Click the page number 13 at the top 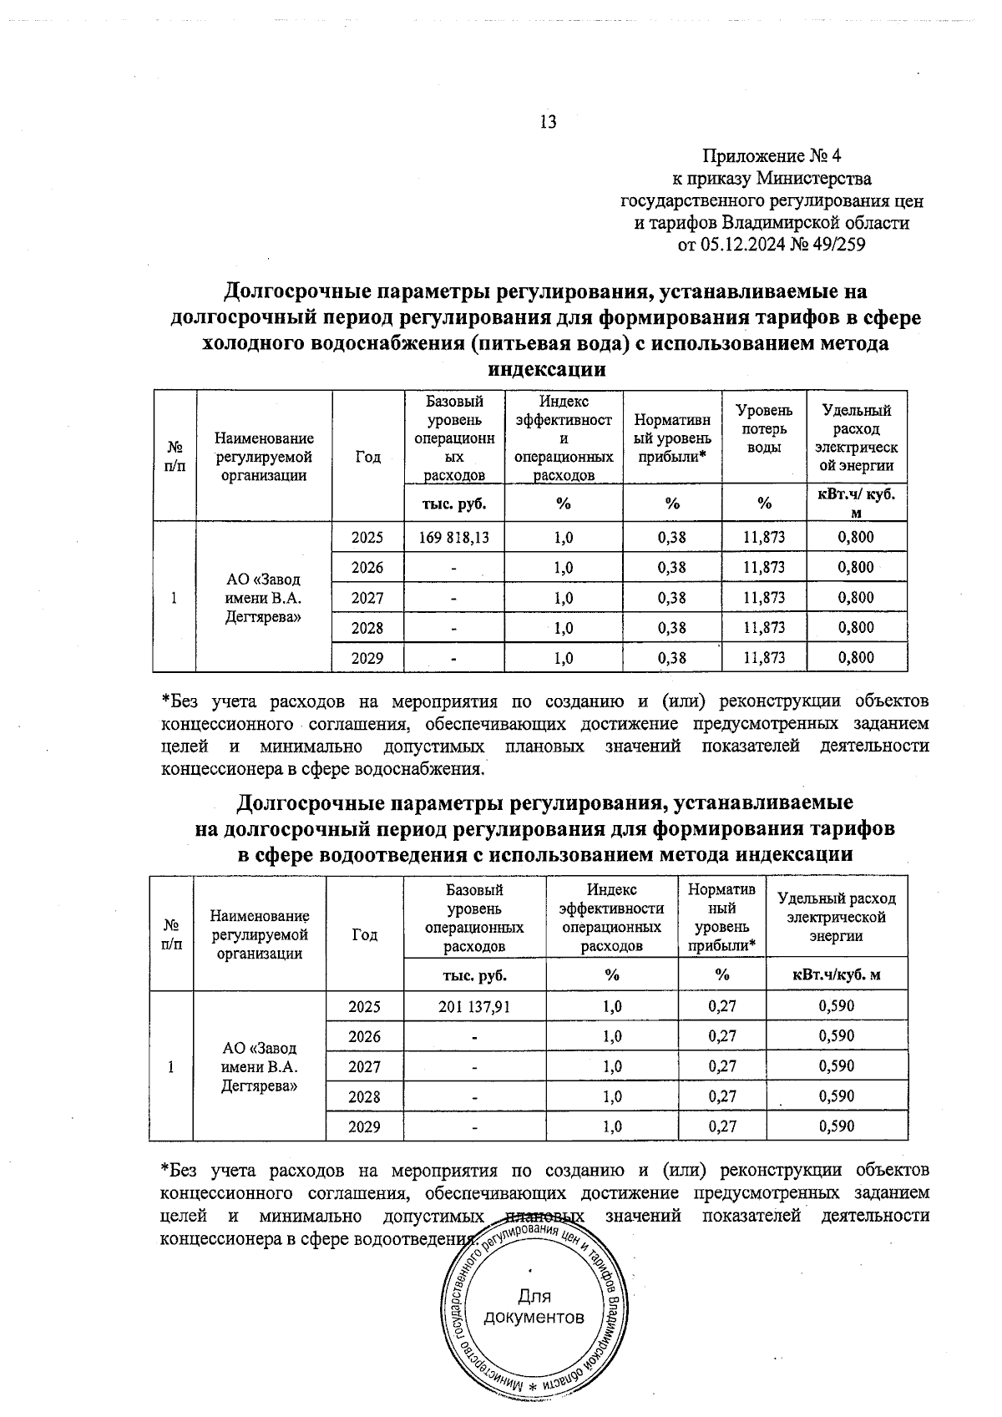549,122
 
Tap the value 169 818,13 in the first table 454,537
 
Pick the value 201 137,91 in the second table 473,1006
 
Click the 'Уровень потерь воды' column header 763,428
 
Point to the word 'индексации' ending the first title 546,369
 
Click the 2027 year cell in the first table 367,597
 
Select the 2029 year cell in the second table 364,1126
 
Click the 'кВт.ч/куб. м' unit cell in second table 836,974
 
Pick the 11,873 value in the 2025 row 763,537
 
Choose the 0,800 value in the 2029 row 856,657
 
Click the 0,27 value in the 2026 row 722,1036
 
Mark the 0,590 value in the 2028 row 836,1096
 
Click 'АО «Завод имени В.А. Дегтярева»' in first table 263,598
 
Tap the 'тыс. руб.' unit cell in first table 454,503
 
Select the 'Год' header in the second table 364,934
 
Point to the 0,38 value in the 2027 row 671,597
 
